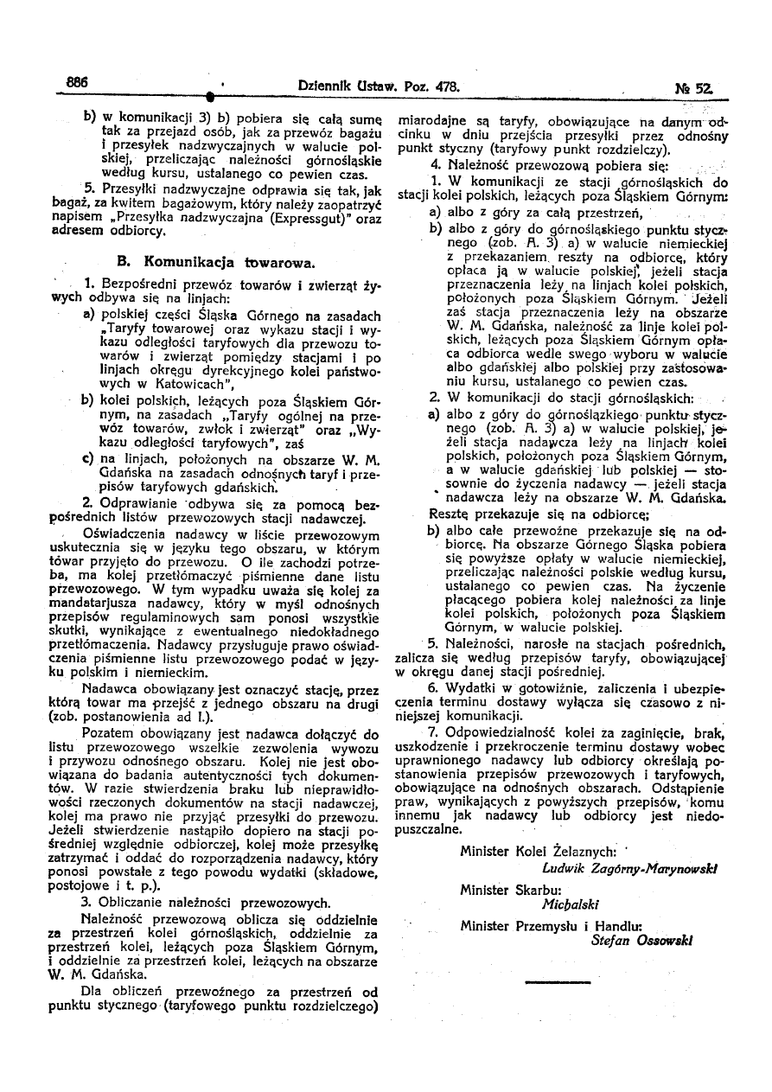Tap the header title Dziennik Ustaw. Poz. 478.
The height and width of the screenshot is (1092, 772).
(377, 87)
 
